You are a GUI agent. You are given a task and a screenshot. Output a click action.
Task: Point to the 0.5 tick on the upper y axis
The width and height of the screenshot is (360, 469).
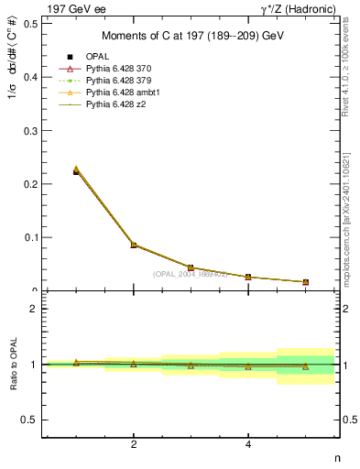[29, 24]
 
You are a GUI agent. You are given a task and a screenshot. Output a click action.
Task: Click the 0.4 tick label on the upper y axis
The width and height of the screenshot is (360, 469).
[29, 77]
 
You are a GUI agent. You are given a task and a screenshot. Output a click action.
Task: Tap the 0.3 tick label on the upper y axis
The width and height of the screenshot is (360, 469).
[29, 130]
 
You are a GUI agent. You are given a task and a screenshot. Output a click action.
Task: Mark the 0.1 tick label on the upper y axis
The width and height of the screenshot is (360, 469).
[29, 237]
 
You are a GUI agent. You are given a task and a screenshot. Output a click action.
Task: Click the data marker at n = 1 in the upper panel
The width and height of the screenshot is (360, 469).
[76, 171]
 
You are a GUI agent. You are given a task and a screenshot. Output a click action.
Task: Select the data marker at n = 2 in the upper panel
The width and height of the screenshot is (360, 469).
[134, 245]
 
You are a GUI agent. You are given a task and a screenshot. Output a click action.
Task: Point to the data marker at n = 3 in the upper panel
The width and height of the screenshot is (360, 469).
[191, 267]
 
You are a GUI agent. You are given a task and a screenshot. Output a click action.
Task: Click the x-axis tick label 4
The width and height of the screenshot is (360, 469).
[248, 445]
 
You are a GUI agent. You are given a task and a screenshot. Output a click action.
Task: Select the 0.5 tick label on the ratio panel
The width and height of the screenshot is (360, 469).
[29, 420]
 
